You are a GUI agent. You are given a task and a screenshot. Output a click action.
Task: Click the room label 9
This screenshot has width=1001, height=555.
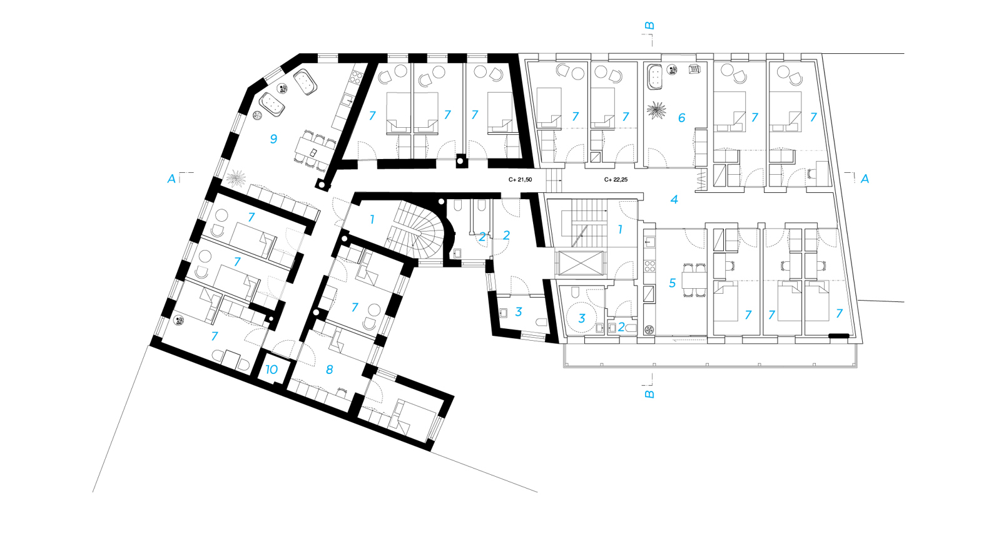coord(273,139)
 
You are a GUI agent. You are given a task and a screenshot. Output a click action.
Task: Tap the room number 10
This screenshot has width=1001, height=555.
coord(272,370)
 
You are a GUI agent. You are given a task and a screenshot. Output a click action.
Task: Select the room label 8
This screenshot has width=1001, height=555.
coord(329,370)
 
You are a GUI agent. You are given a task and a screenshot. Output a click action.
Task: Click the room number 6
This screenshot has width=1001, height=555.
coord(681,117)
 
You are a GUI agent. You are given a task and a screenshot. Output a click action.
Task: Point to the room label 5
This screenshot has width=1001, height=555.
coord(672,283)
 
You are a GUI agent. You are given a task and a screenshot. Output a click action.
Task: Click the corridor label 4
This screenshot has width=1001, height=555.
coord(674,199)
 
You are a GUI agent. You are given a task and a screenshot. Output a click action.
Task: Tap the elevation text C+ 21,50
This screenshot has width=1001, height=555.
coord(520,180)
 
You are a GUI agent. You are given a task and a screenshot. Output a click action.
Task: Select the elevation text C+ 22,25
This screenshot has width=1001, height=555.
coord(616,180)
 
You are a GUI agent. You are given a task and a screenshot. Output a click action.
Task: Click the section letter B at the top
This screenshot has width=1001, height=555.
coord(650,26)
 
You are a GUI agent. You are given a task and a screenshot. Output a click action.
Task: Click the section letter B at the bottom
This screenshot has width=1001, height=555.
coord(650,394)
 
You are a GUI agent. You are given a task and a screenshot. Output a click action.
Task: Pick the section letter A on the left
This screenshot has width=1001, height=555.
coord(171,179)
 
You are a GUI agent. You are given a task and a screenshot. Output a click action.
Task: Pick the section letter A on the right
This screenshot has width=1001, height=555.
coord(865,179)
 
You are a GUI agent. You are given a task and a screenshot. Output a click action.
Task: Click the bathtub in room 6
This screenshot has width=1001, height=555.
coord(655,76)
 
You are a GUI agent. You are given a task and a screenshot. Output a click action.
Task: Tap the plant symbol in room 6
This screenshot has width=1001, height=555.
coord(656,112)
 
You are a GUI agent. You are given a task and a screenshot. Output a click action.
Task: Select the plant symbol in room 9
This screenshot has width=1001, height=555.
coord(236,179)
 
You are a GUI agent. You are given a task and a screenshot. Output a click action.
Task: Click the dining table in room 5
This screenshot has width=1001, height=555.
coord(694,279)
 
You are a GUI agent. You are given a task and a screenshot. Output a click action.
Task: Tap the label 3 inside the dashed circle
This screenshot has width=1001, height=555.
coord(582,318)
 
